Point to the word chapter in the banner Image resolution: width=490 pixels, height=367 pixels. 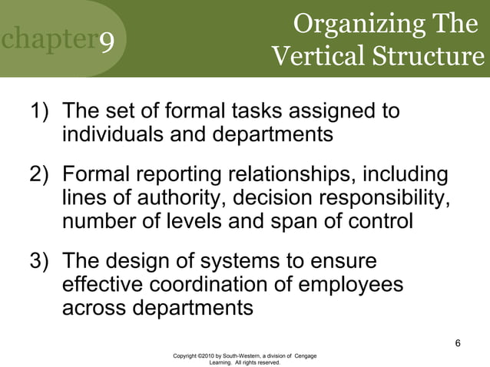pyautogui.click(x=47, y=41)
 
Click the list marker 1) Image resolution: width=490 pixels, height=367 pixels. pyautogui.click(x=42, y=112)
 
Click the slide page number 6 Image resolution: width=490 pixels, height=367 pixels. pyautogui.click(x=458, y=342)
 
